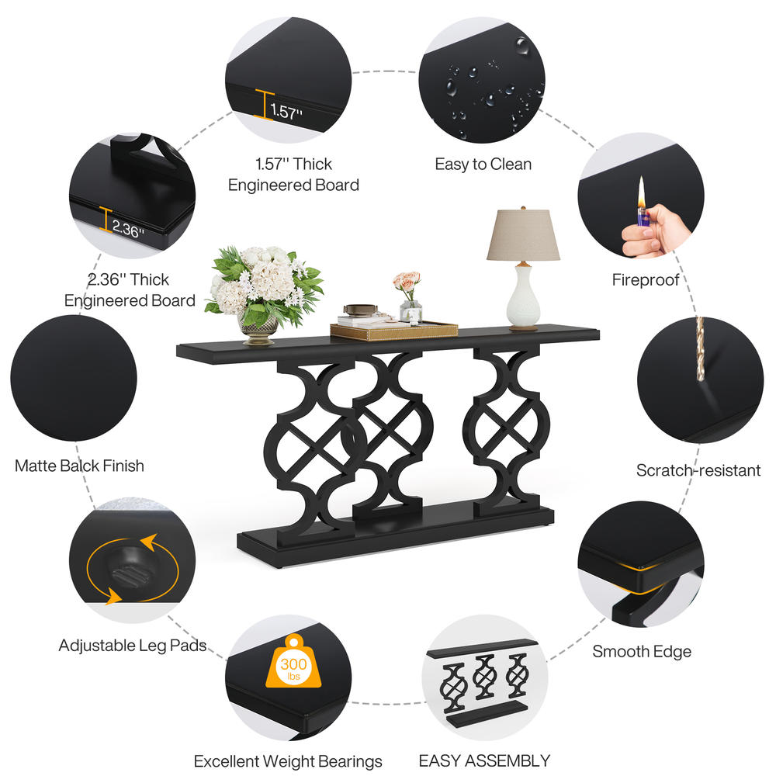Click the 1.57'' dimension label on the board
point(286,111)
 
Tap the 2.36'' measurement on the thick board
point(128,229)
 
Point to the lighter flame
point(642,193)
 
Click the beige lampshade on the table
point(523,234)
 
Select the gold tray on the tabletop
point(394,330)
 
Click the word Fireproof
point(646,280)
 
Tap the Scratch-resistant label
point(698,470)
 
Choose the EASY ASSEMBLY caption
point(484,760)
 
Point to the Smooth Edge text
point(642,651)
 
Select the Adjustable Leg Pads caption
point(133,646)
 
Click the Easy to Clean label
point(483,164)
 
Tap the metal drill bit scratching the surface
point(700,349)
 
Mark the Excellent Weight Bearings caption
point(288,761)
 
